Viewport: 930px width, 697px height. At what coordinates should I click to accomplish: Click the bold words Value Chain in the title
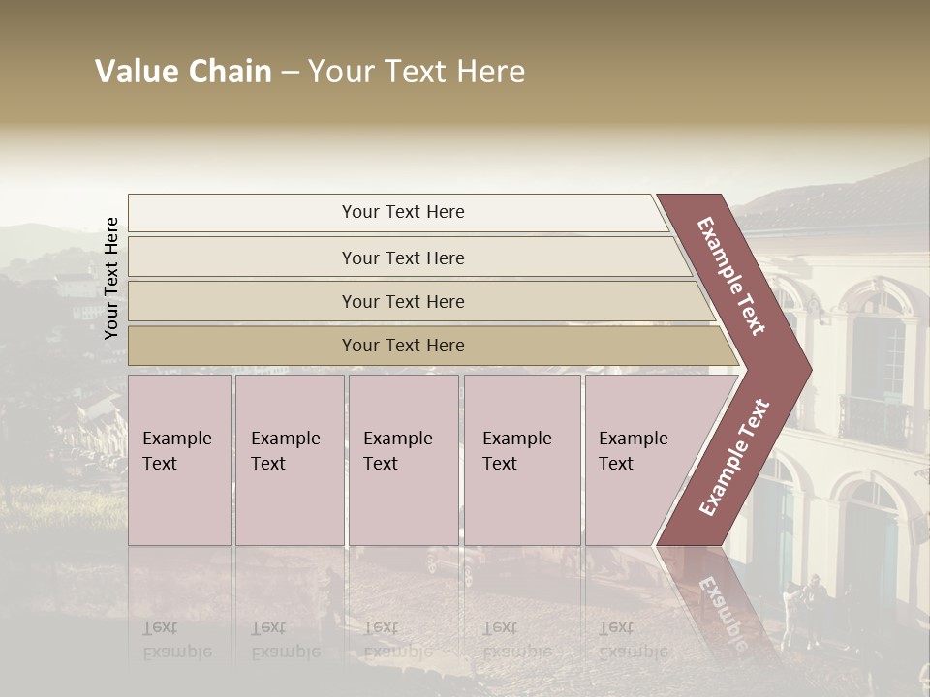(x=183, y=72)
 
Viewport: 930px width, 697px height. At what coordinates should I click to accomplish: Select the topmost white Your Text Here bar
(x=402, y=212)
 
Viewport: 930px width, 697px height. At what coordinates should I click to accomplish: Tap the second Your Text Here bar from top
(x=402, y=258)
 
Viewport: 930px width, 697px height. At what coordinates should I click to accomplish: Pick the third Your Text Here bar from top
(x=402, y=301)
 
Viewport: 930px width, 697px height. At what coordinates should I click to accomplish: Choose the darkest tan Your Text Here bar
(x=402, y=346)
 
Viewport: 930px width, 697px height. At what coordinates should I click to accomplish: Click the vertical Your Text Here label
(x=111, y=279)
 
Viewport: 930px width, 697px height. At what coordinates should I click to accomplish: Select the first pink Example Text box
(x=179, y=460)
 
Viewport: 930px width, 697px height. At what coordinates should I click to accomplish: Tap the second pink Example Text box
(x=289, y=460)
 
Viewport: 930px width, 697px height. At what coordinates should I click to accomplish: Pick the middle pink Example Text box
(x=403, y=460)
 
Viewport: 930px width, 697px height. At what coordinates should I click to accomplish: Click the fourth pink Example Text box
(x=521, y=460)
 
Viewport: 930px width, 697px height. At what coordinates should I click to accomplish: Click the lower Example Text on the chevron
(x=734, y=457)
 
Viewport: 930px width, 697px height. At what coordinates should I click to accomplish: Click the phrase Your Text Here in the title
(x=417, y=72)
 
